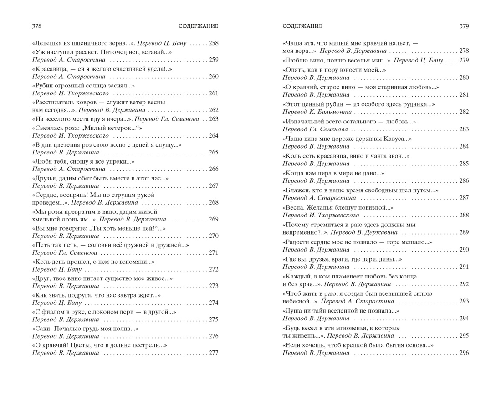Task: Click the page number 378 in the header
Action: (37, 26)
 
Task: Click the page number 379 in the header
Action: (464, 26)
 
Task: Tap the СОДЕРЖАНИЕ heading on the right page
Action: (302, 26)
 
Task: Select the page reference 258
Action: (213, 43)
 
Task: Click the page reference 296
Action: (464, 353)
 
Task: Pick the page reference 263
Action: (213, 119)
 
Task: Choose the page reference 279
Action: (464, 60)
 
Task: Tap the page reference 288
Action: (464, 215)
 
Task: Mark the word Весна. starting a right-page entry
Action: (295, 207)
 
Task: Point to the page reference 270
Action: (213, 236)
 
